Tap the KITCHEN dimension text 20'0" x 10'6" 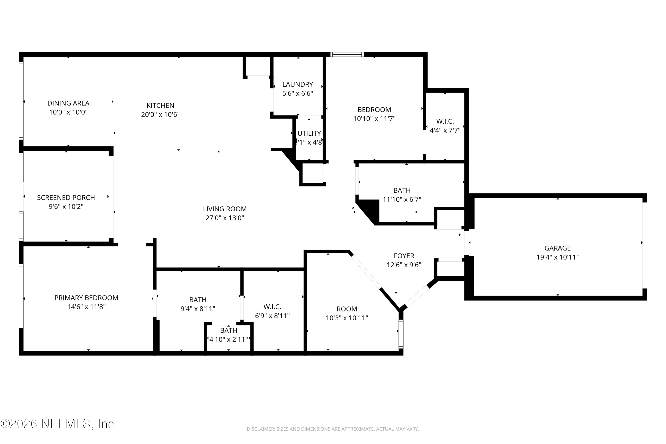[x=160, y=114]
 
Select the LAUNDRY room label [x=298, y=84]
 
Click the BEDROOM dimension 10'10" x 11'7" [x=374, y=119]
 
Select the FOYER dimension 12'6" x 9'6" [x=404, y=265]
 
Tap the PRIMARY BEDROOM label [x=86, y=298]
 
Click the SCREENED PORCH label [x=66, y=197]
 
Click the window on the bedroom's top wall [x=347, y=54]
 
